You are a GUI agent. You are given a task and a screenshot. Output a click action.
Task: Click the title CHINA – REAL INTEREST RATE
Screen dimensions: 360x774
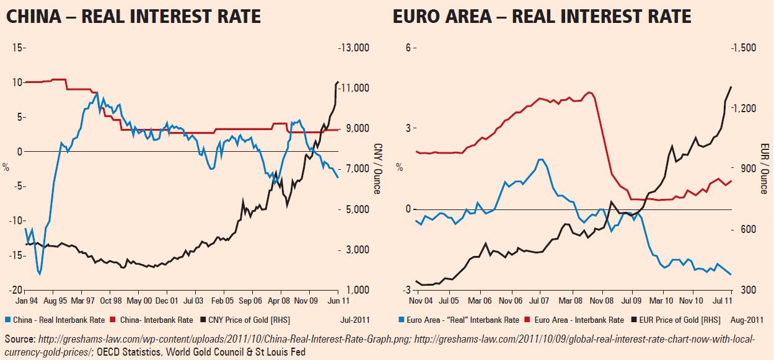coord(133,16)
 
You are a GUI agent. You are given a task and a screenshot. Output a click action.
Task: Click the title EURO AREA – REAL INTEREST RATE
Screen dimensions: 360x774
coord(542,16)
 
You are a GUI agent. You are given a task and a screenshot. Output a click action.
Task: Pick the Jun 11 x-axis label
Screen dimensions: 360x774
coord(337,302)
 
